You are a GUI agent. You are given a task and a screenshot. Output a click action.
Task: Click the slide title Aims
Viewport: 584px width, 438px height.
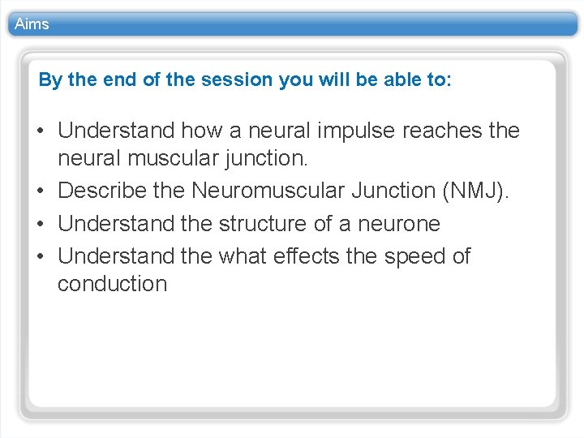32,24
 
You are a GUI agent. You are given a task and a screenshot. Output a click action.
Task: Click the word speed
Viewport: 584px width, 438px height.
413,256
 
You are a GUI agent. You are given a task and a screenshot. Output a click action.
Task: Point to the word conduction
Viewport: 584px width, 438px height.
112,284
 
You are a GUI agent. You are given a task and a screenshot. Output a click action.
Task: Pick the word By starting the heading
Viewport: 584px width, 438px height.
49,80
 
